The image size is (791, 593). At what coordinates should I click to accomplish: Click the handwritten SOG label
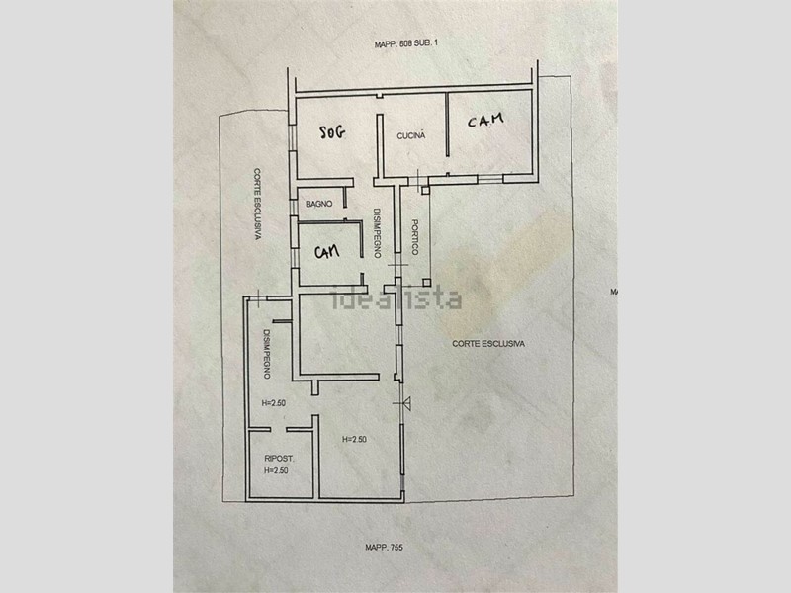[333, 132]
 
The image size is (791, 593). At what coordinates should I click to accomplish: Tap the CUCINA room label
[411, 135]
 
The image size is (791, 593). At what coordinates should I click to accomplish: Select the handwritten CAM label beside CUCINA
[485, 120]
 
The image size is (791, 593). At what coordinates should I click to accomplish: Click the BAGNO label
[318, 204]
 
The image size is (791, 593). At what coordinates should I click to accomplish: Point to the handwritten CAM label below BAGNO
[327, 251]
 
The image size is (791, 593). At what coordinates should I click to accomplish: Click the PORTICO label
[415, 237]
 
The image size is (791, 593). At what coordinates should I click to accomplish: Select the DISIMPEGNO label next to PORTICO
[377, 233]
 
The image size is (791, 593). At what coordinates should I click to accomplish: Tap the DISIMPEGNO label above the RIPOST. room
[267, 354]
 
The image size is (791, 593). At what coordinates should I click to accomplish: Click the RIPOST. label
[279, 459]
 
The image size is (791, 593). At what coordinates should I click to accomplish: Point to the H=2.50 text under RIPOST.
[276, 470]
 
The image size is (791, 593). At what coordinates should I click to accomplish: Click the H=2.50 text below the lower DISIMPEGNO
[274, 403]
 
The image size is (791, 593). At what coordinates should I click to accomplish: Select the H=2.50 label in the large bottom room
[354, 439]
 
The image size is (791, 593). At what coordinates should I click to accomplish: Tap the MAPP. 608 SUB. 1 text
[406, 43]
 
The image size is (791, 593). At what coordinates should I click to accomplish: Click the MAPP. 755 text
[384, 548]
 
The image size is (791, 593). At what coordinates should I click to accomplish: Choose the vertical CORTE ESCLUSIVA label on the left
[257, 205]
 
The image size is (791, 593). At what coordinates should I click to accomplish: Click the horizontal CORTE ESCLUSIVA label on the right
[488, 344]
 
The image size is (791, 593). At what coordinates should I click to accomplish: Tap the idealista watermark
[396, 298]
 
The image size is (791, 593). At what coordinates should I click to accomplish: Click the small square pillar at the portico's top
[425, 190]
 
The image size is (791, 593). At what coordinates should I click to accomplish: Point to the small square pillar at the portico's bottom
[427, 283]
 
